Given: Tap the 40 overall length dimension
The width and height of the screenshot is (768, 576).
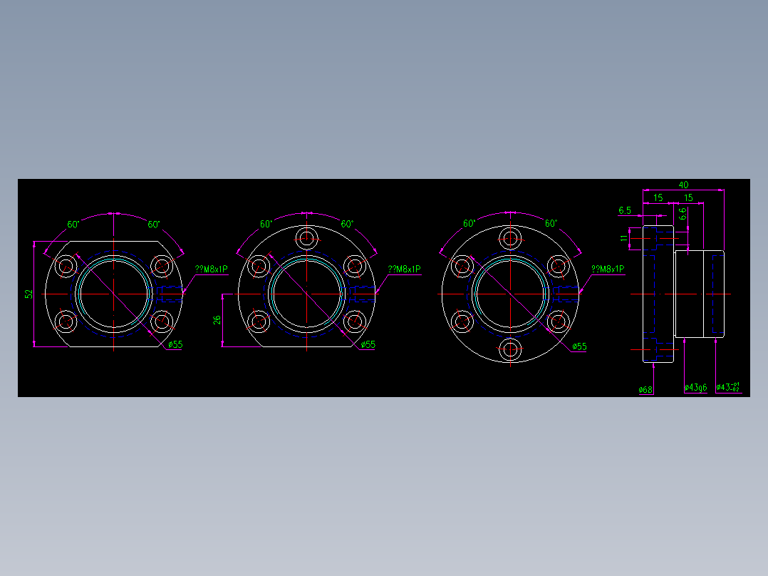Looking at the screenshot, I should [683, 185].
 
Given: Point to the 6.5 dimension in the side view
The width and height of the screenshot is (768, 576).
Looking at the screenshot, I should [625, 210].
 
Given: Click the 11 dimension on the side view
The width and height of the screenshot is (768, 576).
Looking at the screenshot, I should [624, 237].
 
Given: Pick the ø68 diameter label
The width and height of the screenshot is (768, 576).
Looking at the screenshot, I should [646, 389].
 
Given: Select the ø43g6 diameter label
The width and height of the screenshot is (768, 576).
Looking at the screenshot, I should [695, 388].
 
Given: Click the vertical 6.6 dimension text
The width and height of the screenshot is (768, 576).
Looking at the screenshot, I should [683, 213].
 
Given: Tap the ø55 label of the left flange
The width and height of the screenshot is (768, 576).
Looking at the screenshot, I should [175, 344].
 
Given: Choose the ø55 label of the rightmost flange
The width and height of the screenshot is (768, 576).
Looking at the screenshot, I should [580, 346].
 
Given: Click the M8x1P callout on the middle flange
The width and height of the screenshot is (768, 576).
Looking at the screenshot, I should [404, 269].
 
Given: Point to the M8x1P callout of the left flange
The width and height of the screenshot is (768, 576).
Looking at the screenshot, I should [212, 269].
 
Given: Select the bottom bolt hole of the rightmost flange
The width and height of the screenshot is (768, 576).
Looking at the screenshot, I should [510, 349].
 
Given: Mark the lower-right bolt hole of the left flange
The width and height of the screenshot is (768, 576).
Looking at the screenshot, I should [161, 322].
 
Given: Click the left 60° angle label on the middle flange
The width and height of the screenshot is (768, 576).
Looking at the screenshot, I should [266, 224].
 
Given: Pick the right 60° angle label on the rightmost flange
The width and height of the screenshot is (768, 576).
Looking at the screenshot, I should [551, 223].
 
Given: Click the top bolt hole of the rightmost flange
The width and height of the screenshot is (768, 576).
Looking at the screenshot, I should [510, 237].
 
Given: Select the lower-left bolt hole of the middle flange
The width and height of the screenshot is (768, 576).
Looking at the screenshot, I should [258, 322].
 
